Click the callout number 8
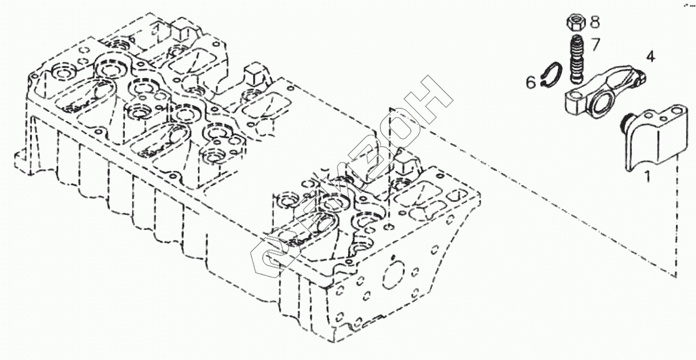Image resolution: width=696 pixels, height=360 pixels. [594, 22]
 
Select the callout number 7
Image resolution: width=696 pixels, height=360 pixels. [595, 44]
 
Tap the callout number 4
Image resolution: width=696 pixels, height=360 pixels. [650, 57]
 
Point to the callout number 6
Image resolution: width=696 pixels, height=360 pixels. [530, 82]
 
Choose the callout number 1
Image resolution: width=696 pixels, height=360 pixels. [647, 177]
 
